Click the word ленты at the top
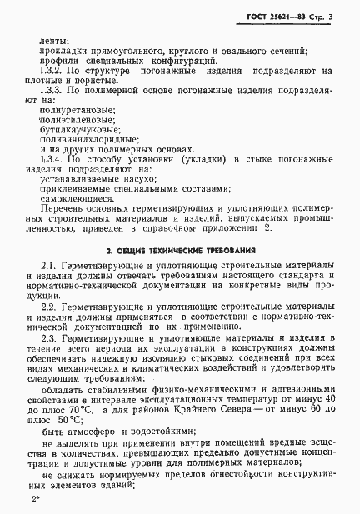pyautogui.click(x=54, y=39)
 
